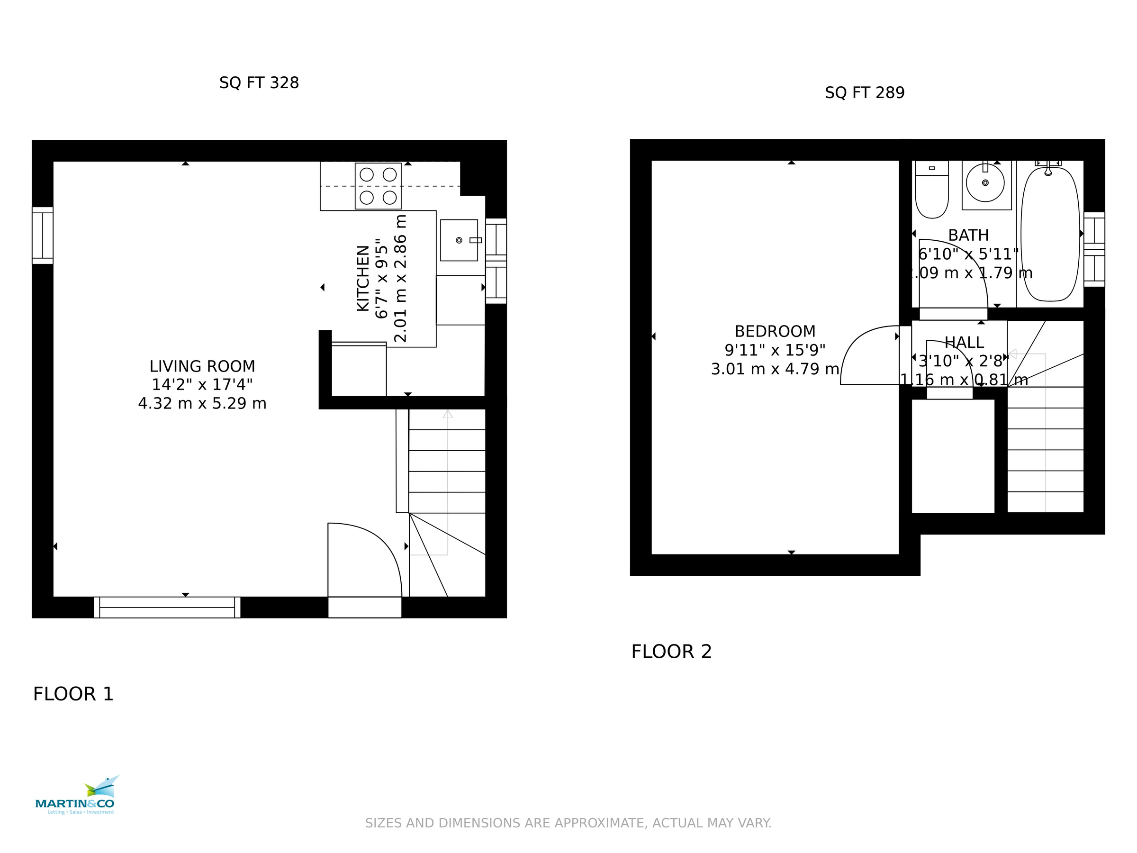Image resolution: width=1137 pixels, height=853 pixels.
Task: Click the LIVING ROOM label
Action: coord(202,366)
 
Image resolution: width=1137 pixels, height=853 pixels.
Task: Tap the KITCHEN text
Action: coord(363,278)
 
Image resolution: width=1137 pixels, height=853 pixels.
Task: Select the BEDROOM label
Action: coord(775,331)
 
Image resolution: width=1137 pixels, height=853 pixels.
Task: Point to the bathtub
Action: coord(1050,234)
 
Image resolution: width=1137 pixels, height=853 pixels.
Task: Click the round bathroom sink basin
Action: coord(985,183)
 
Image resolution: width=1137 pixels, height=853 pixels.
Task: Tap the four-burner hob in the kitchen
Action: coord(378,186)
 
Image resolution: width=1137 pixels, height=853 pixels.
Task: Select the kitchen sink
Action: coord(459,240)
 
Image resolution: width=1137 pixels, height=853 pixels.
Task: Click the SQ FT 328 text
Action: coord(259,83)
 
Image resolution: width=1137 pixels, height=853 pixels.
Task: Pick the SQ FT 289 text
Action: coord(865,92)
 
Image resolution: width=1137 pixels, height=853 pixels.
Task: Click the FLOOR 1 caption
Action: coord(73,694)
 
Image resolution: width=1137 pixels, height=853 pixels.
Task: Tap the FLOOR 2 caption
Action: coord(671,652)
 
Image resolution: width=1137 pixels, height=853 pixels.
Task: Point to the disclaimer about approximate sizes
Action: coord(568,823)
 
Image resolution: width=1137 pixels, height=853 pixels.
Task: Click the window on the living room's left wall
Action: coord(43,236)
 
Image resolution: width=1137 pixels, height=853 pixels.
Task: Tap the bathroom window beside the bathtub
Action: coord(1094,249)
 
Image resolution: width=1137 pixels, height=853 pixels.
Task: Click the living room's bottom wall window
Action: coord(167,607)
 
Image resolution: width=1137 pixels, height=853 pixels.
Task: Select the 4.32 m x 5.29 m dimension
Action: coord(202,404)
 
